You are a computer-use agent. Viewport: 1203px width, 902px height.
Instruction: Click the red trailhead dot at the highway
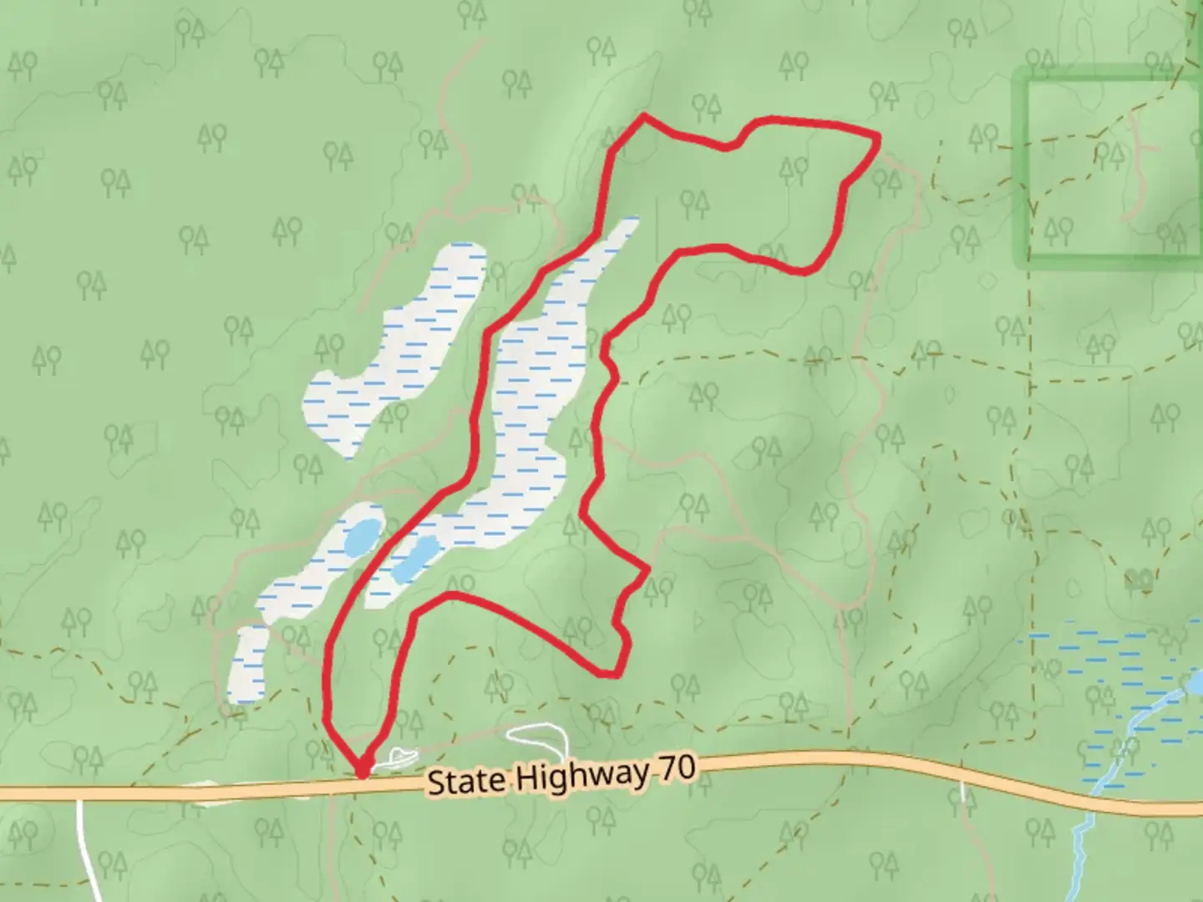point(363,769)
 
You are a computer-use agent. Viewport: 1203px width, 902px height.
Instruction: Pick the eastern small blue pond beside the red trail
point(416,558)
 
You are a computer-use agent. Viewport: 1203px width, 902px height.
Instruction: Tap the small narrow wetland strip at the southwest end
point(248,665)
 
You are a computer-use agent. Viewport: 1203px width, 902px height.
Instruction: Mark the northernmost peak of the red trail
point(643,116)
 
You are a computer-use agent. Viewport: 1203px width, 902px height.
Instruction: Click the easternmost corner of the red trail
point(878,138)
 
